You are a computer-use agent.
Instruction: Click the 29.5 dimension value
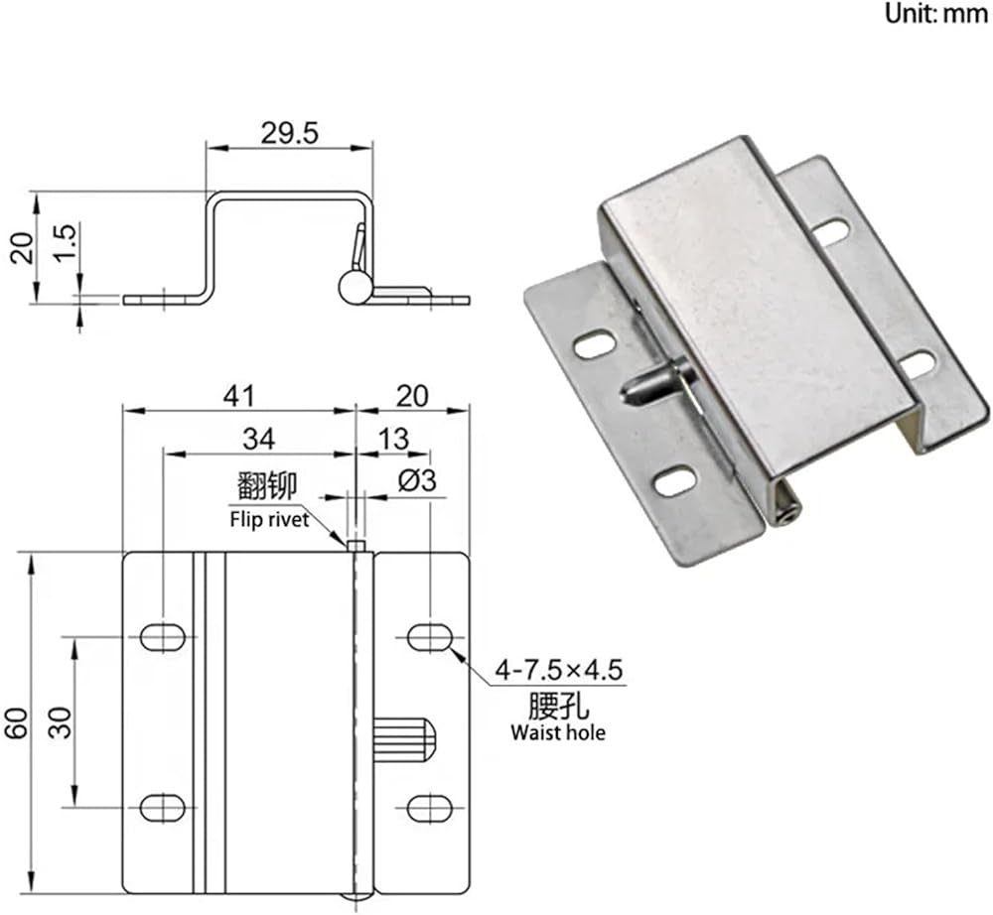click(289, 134)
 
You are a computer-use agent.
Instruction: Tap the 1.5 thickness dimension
click(66, 243)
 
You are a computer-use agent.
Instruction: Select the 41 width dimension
click(238, 396)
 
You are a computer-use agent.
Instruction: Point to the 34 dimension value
click(259, 439)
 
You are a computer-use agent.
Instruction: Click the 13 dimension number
click(393, 439)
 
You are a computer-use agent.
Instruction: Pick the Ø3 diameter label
click(417, 481)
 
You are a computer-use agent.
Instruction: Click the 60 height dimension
click(17, 722)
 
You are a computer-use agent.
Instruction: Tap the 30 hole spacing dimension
click(62, 722)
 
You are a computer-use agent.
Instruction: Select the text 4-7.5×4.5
click(559, 670)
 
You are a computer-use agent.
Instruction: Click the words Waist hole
click(558, 732)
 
